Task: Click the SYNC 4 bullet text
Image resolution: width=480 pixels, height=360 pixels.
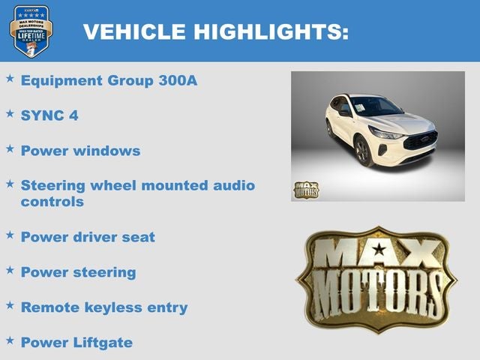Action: pyautogui.click(x=49, y=115)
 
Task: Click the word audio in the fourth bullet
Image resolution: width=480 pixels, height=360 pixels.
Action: pyautogui.click(x=234, y=185)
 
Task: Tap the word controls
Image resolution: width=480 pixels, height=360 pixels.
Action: pyautogui.click(x=52, y=202)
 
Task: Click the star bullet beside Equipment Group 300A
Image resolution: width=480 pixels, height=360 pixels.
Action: pyautogui.click(x=10, y=78)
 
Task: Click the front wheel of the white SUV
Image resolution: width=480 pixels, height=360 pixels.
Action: pyautogui.click(x=364, y=152)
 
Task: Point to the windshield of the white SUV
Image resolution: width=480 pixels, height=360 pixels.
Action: pyautogui.click(x=375, y=106)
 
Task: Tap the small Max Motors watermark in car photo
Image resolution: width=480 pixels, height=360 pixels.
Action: pyautogui.click(x=305, y=190)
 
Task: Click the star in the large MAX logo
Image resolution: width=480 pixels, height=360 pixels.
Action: pyautogui.click(x=379, y=250)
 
